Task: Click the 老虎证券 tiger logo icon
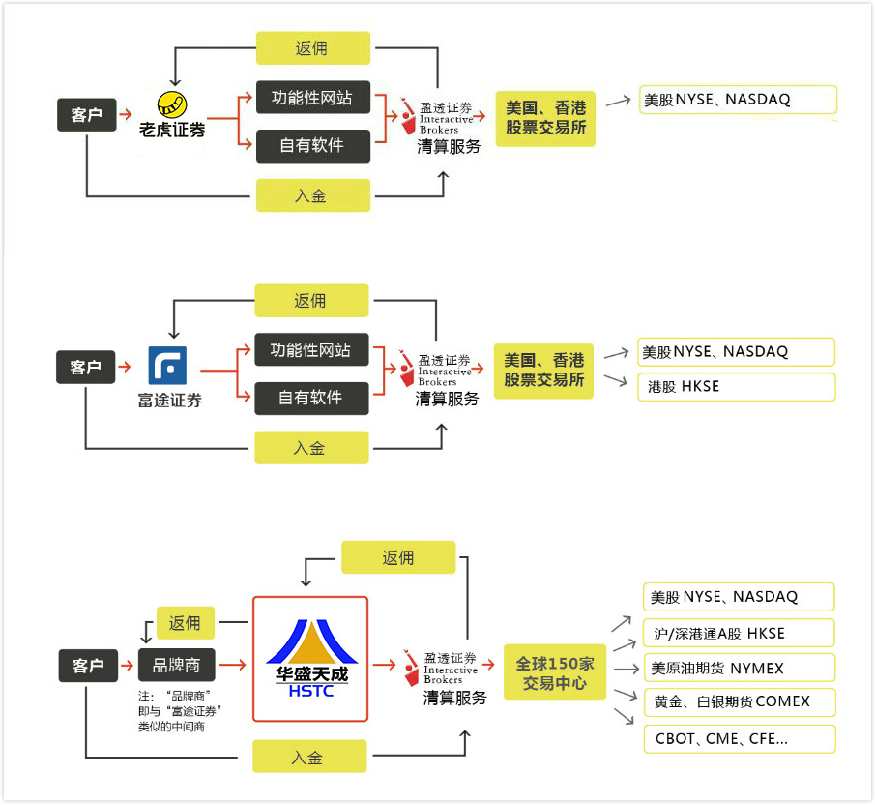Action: pyautogui.click(x=173, y=104)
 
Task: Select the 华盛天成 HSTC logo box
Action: pyautogui.click(x=310, y=659)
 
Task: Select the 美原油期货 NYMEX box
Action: pyautogui.click(x=738, y=668)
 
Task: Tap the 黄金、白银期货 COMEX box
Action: pyautogui.click(x=738, y=701)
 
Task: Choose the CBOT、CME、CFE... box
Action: pyautogui.click(x=738, y=738)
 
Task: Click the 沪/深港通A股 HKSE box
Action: pyautogui.click(x=738, y=633)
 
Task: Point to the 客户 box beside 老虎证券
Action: pyautogui.click(x=86, y=115)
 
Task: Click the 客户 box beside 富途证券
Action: pyautogui.click(x=85, y=368)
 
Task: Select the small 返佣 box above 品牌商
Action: pyautogui.click(x=185, y=623)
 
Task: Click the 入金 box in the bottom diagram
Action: pyautogui.click(x=309, y=757)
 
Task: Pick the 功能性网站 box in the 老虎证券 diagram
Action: pyautogui.click(x=312, y=97)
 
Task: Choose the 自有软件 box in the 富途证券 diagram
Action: pyautogui.click(x=311, y=398)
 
